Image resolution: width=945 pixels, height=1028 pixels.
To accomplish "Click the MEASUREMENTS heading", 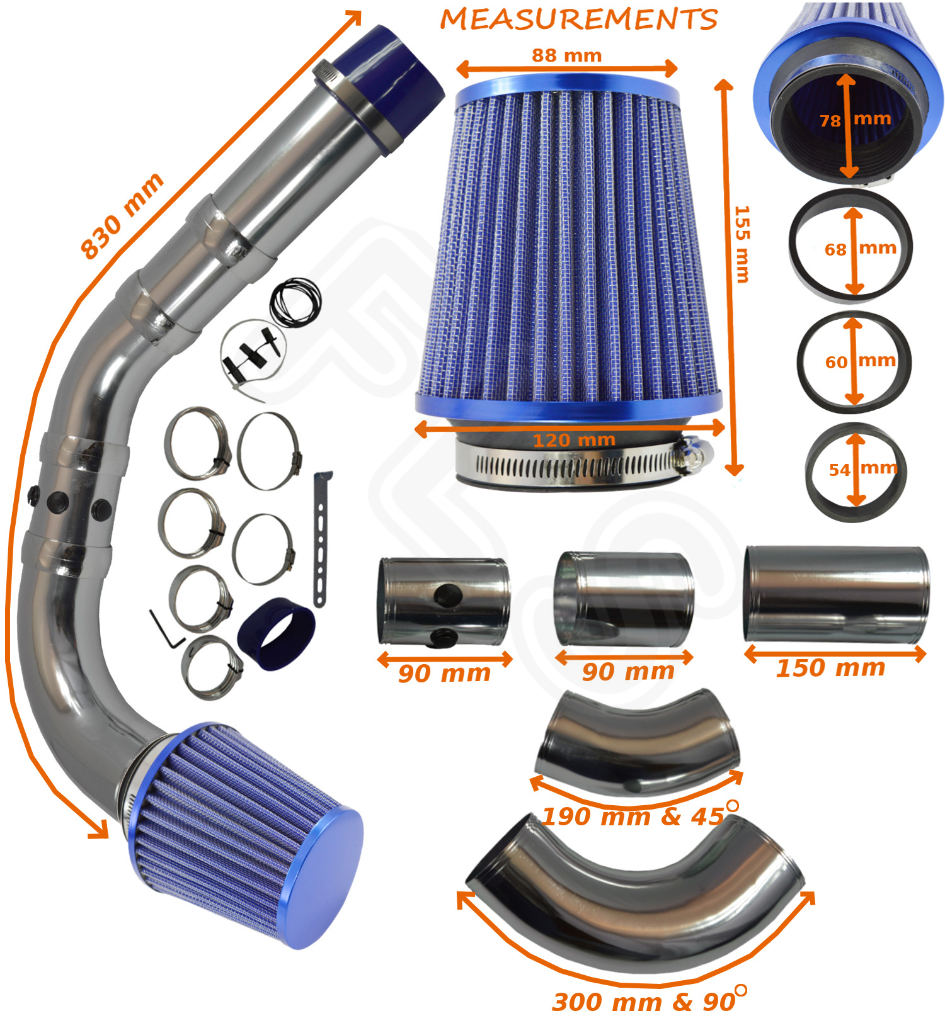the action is (578, 19).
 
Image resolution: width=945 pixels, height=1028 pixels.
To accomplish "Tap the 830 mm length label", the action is (122, 215).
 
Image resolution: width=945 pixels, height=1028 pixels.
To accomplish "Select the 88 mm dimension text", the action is (566, 55).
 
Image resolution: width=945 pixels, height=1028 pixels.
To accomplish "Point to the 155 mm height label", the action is (742, 244).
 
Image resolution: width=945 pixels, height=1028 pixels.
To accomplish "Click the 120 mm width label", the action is (574, 440).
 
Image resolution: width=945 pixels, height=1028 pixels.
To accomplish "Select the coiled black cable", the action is (295, 302).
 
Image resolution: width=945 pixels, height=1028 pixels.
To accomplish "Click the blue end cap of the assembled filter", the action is (323, 876).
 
